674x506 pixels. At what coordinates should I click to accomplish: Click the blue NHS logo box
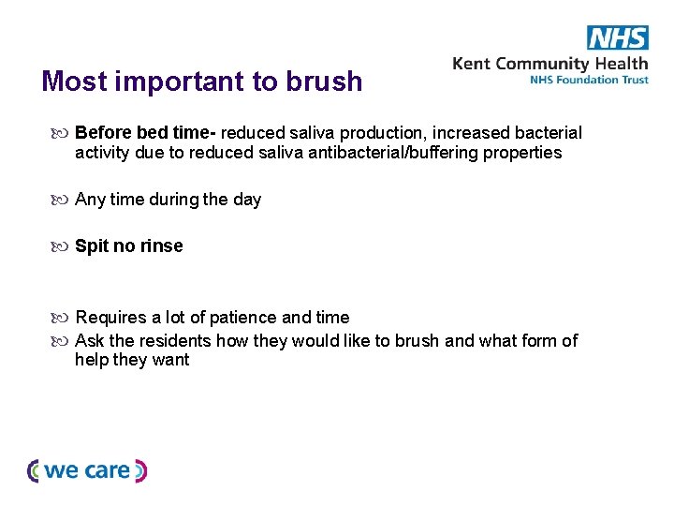pos(617,37)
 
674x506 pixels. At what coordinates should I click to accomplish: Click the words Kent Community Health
pos(549,64)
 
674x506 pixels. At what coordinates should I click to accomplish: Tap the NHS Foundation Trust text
pos(588,81)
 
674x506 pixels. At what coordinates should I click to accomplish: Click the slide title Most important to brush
pos(201,82)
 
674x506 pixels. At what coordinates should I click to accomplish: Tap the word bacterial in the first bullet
pos(549,133)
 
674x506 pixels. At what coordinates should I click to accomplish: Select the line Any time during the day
pos(168,200)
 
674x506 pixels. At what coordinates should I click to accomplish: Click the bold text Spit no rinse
pos(128,246)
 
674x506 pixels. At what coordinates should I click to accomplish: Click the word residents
pos(178,340)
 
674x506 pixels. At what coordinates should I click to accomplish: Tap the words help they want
pos(132,360)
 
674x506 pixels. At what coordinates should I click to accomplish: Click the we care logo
pos(87,470)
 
